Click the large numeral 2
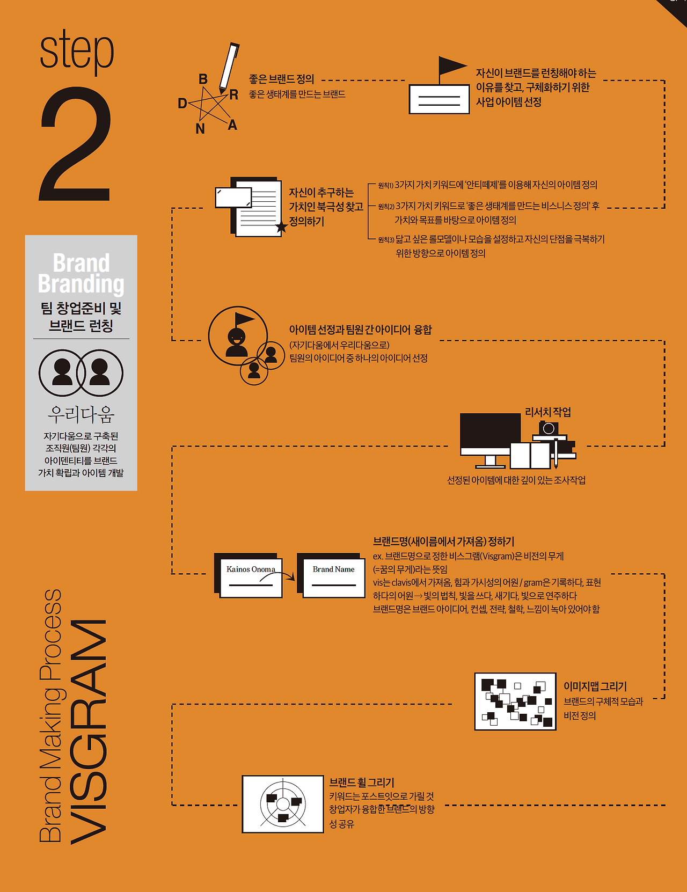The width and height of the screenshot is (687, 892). click(76, 144)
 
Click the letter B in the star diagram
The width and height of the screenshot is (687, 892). click(203, 79)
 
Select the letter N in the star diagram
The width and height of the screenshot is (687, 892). click(200, 129)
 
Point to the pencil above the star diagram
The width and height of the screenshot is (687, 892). click(229, 68)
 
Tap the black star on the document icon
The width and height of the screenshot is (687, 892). click(281, 227)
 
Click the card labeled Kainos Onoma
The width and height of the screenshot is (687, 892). click(249, 575)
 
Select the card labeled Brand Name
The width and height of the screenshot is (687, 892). click(331, 575)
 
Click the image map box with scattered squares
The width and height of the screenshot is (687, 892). click(515, 701)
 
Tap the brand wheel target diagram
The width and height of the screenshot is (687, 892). click(283, 804)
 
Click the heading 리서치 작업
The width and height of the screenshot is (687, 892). click(548, 412)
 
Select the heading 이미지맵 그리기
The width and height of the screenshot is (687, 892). click(595, 686)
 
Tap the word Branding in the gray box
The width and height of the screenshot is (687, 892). click(81, 284)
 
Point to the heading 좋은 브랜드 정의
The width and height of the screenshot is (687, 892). click(282, 79)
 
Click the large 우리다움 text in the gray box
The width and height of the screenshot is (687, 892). click(81, 414)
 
